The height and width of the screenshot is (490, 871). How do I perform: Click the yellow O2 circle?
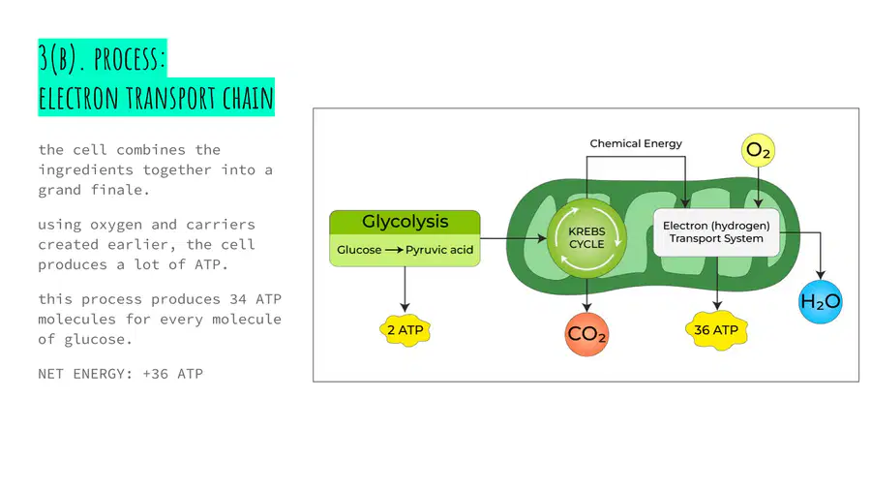[758, 150]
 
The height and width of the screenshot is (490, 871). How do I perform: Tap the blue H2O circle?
[821, 302]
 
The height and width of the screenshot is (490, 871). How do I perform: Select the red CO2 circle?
[586, 334]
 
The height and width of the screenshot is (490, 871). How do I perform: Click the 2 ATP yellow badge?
[405, 330]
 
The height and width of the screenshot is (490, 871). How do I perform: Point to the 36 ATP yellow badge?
[716, 330]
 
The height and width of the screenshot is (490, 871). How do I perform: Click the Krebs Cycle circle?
[586, 238]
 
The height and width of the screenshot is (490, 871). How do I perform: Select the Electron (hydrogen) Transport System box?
[716, 232]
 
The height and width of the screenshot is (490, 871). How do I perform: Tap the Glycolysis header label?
[405, 222]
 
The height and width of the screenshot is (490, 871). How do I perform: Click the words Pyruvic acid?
[439, 250]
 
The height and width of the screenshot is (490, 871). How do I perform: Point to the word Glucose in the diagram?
[359, 250]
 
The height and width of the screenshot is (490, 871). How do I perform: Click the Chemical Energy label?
[636, 143]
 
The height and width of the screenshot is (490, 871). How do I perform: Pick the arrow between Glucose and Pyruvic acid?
[394, 250]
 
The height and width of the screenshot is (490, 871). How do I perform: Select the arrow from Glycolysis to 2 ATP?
[405, 289]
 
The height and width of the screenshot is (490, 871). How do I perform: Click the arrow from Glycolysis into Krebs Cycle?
[513, 238]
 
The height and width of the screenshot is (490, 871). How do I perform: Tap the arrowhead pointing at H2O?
[821, 274]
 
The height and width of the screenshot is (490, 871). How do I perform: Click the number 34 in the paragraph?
[238, 299]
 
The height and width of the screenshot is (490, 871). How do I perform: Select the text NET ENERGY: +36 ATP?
[121, 374]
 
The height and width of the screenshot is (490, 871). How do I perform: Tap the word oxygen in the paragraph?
[116, 226]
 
